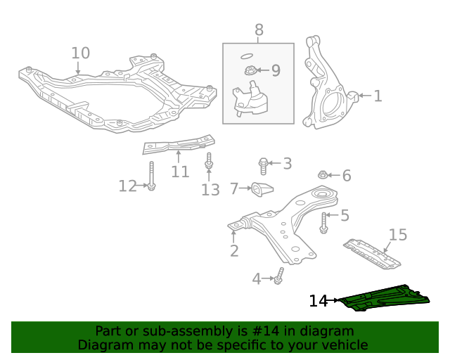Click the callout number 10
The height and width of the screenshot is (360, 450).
[x=81, y=53]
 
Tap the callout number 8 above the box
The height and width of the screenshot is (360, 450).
[x=259, y=30]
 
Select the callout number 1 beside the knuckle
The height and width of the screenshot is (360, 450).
[x=378, y=96]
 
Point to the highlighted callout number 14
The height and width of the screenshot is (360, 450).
[x=319, y=301]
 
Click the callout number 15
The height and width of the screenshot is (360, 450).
[x=398, y=235]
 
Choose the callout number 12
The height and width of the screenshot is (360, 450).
[x=127, y=186]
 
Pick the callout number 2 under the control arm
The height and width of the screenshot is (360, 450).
[x=234, y=251]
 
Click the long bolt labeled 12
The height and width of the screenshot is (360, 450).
[x=151, y=175]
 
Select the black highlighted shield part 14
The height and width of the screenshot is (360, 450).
[x=383, y=297]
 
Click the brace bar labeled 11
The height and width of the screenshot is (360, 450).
[x=177, y=146]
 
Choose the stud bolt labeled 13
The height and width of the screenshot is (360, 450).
[x=209, y=163]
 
